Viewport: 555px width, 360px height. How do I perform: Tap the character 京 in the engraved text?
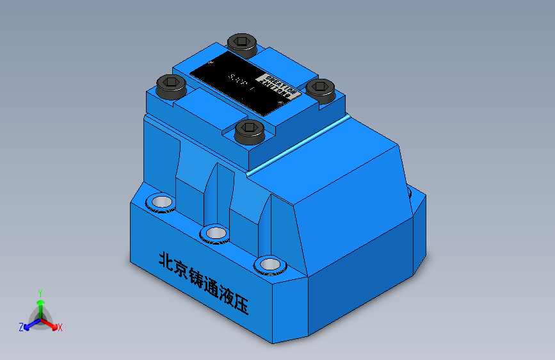(183, 270)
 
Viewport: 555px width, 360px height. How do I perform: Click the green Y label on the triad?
(40, 291)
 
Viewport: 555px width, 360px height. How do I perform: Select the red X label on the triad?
(60, 328)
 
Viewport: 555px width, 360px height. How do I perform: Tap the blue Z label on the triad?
(21, 327)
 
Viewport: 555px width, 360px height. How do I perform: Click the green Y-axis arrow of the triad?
(40, 304)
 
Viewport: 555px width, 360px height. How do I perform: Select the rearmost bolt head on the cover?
(243, 44)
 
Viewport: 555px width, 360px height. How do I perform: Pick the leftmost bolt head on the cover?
(172, 85)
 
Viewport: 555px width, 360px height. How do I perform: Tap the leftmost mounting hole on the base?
(159, 202)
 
